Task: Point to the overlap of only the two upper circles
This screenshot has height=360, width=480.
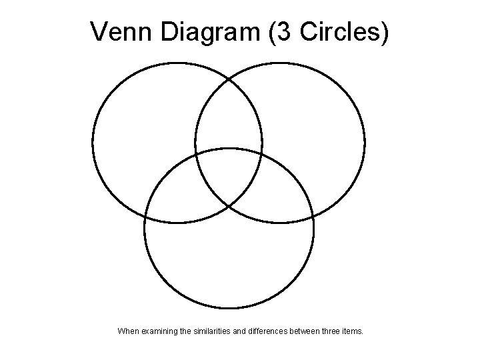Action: tap(229, 120)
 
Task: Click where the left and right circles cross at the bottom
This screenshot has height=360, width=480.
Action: tap(229, 206)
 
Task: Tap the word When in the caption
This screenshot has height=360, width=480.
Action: tap(129, 330)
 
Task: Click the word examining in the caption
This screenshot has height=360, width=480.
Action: tap(161, 330)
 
